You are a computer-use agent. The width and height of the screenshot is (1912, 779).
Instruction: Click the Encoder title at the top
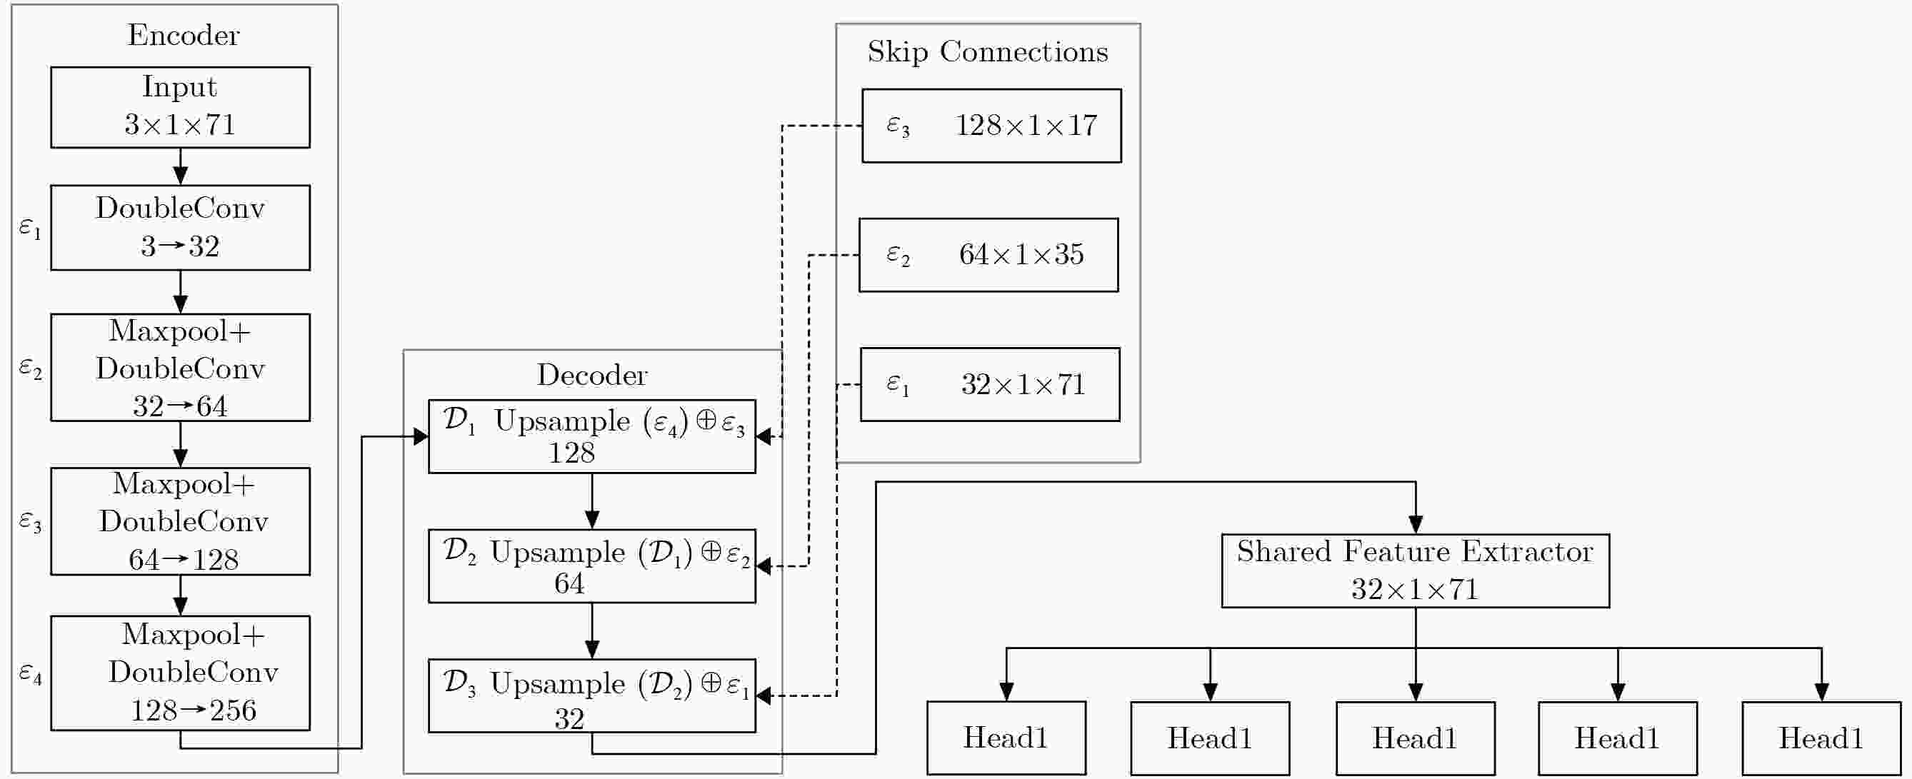pyautogui.click(x=184, y=35)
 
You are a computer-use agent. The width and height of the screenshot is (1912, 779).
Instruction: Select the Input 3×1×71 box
pyautogui.click(x=181, y=108)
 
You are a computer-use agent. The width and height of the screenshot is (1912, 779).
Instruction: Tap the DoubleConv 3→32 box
pyautogui.click(x=181, y=228)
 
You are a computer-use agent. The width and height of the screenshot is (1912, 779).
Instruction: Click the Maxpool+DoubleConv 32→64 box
pyautogui.click(x=181, y=367)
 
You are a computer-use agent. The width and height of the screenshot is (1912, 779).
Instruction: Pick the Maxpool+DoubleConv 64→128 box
pyautogui.click(x=181, y=521)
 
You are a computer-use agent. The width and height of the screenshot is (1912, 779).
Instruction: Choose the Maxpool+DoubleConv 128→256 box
pyautogui.click(x=181, y=673)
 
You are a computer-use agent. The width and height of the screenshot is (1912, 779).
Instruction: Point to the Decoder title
pyautogui.click(x=591, y=375)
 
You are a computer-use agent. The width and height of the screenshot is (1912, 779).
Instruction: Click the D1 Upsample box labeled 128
pyautogui.click(x=591, y=436)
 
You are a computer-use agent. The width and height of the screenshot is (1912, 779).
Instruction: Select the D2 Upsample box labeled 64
pyautogui.click(x=591, y=566)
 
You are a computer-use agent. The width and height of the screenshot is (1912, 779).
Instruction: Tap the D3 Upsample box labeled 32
pyautogui.click(x=591, y=696)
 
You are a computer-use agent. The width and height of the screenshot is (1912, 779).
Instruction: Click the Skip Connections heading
pyautogui.click(x=987, y=52)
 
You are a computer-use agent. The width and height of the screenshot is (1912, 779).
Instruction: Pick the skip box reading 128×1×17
pyautogui.click(x=991, y=126)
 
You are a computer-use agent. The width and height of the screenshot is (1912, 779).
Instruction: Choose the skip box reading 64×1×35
pyautogui.click(x=988, y=254)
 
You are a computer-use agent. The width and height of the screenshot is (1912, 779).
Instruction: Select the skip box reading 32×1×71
pyautogui.click(x=990, y=384)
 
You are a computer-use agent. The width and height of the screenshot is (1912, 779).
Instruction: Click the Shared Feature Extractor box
pyautogui.click(x=1416, y=571)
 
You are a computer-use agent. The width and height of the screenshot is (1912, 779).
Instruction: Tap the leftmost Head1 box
pyautogui.click(x=1006, y=738)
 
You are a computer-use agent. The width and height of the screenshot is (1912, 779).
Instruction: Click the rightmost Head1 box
pyautogui.click(x=1821, y=738)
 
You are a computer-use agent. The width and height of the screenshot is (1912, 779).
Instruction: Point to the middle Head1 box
pyautogui.click(x=1416, y=738)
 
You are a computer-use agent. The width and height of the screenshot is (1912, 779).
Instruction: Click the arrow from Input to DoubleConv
pyautogui.click(x=181, y=166)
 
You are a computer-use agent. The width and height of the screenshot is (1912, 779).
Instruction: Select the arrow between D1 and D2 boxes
pyautogui.click(x=591, y=501)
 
